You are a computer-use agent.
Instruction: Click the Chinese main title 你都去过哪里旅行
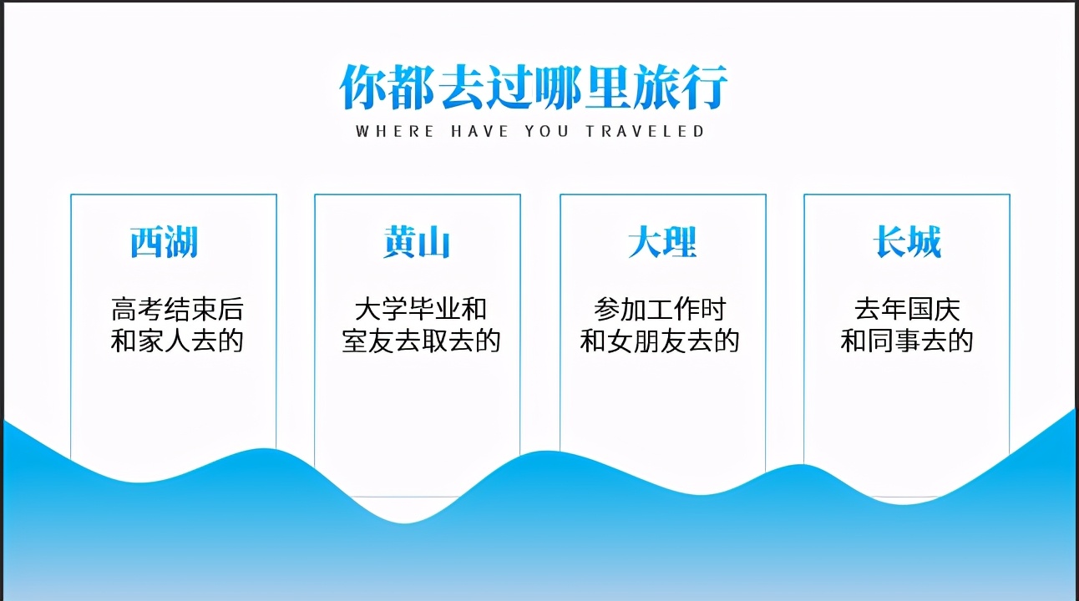[534, 88]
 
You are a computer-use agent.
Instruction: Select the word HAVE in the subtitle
[479, 132]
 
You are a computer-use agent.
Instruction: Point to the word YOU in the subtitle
[547, 132]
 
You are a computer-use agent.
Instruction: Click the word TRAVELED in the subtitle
[646, 132]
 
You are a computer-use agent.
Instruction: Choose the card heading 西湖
[165, 242]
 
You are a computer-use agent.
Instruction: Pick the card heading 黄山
[417, 242]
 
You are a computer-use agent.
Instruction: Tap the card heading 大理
[662, 242]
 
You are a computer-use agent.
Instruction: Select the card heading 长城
[907, 241]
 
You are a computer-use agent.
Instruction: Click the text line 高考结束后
[177, 309]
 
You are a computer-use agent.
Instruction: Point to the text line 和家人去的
[177, 341]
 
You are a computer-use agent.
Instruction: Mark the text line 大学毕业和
[421, 309]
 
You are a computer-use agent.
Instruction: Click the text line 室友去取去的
[421, 341]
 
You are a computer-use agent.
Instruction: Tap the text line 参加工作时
[660, 309]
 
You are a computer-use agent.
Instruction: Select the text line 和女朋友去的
[660, 341]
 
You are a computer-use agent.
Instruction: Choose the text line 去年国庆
[907, 309]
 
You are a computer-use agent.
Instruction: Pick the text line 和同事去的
[907, 341]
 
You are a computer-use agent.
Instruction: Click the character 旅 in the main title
[655, 88]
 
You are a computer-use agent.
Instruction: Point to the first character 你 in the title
[362, 88]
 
